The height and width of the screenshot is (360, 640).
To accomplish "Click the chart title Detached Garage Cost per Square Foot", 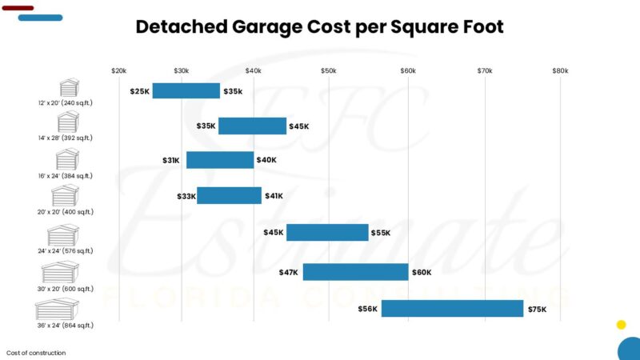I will click(x=320, y=26).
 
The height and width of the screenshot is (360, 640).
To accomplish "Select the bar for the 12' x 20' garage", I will click(x=186, y=91).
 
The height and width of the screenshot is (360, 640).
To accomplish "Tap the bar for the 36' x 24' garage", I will click(x=452, y=309).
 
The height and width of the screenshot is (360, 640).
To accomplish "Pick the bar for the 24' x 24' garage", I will click(x=327, y=233).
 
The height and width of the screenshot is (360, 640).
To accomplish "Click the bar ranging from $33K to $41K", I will click(x=229, y=196).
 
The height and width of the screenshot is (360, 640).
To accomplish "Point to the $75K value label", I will click(x=537, y=309).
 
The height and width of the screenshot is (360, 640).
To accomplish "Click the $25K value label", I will click(x=140, y=91).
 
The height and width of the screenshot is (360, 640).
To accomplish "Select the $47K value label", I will click(x=289, y=272).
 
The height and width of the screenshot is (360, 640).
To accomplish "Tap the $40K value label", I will click(x=266, y=160).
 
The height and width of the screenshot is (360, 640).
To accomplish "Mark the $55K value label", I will click(x=381, y=233).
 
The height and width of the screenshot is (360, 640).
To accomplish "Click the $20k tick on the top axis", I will click(x=118, y=71).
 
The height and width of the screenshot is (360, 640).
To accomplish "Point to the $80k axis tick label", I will click(x=560, y=71).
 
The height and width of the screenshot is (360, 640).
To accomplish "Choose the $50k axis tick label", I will click(x=329, y=71).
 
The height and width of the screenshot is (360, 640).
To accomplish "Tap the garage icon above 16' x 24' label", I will click(x=68, y=158).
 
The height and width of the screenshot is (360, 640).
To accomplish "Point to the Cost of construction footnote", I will click(x=36, y=353).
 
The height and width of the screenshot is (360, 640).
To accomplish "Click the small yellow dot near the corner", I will click(x=621, y=325).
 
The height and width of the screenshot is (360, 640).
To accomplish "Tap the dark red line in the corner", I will click(x=18, y=8).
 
